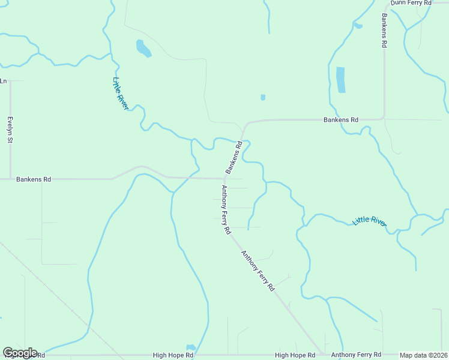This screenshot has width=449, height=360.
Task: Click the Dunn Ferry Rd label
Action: [411, 3]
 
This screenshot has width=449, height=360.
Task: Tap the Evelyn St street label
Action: [10, 130]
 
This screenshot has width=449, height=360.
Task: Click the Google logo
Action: [20, 353]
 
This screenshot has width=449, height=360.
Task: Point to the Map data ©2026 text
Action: [423, 355]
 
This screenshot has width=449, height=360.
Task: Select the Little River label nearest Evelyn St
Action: [121, 93]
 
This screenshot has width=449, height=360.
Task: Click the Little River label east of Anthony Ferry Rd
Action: [369, 221]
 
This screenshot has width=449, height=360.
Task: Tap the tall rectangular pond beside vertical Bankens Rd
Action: [341, 80]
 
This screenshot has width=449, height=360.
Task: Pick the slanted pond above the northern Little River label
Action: [143, 48]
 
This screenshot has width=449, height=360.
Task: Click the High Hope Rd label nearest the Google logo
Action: [173, 355]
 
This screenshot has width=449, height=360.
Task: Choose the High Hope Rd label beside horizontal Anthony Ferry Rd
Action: [295, 355]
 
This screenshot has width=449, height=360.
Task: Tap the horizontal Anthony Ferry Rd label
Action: [356, 355]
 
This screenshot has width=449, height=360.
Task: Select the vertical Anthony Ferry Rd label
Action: [226, 209]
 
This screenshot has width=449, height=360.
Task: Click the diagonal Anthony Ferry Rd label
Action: [258, 271]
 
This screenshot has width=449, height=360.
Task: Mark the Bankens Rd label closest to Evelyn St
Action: [34, 179]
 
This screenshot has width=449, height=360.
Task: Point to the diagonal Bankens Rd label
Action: [234, 158]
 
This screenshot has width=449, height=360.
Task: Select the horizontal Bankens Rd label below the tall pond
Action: [340, 119]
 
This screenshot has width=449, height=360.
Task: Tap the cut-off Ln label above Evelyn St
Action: [3, 80]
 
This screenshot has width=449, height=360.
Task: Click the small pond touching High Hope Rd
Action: [191, 348]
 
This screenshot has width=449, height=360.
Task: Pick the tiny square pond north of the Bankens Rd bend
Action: [263, 97]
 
